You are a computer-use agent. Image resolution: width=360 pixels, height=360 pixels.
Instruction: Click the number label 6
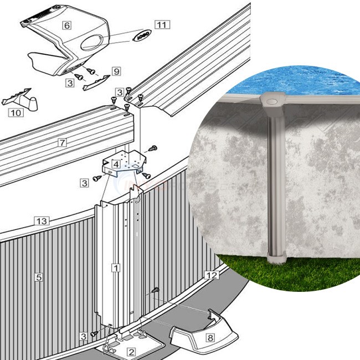[66, 25]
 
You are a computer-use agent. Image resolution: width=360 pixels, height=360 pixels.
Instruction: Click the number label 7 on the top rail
[63, 143]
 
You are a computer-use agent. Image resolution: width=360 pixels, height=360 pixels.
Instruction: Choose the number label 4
[115, 164]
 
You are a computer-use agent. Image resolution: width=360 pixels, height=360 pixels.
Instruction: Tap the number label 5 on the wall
[39, 276]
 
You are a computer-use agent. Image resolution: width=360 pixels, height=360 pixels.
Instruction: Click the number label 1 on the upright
[115, 268]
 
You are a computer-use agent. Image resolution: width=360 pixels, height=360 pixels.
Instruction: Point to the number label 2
[131, 352]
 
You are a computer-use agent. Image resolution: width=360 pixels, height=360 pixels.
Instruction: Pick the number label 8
[210, 337]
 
